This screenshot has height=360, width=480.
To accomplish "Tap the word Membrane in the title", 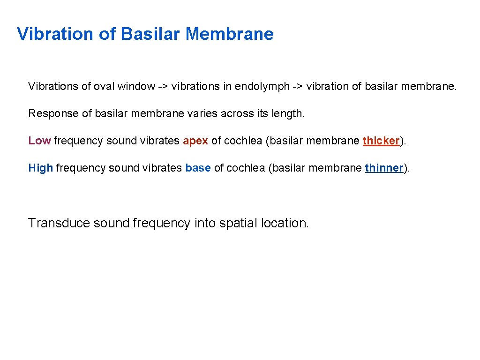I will tap(229, 34).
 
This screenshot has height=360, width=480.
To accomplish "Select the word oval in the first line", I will tap(104, 86).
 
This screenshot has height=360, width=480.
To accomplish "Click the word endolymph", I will tap(262, 86).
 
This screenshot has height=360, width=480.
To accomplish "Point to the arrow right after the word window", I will tap(163, 86).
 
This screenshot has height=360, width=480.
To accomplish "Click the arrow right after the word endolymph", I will tap(298, 86).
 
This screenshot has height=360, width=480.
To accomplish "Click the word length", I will tap(288, 113).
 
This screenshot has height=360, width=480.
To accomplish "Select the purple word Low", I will tap(39, 141).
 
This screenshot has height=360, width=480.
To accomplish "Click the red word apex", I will tap(195, 141).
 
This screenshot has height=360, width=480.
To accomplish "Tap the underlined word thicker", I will tap(381, 141).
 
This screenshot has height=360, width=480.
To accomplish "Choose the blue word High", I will tap(40, 168).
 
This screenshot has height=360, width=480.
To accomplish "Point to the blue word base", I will tap(198, 168).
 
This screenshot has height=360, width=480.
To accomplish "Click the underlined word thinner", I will tap(383, 168).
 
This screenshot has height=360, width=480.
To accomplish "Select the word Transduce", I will tap(59, 223).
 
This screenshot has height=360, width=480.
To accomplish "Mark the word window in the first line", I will tap(136, 86).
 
